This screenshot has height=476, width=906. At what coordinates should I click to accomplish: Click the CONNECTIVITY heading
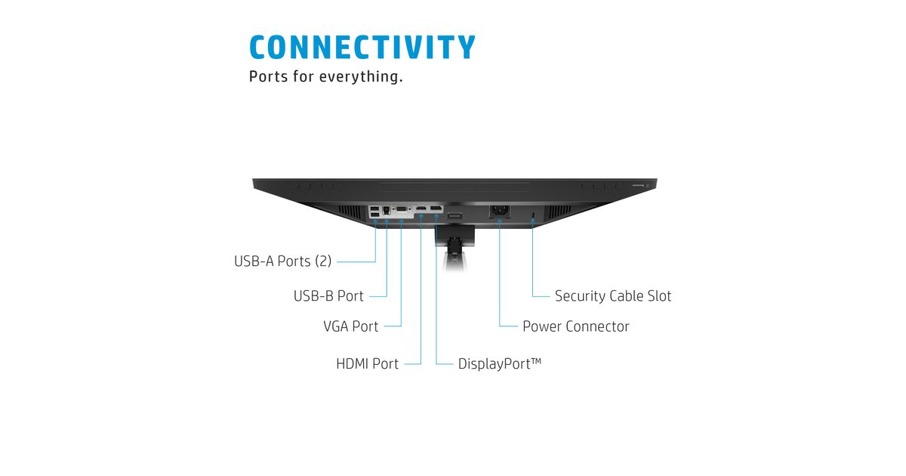362,47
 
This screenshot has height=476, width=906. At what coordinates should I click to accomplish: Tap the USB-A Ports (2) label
282,261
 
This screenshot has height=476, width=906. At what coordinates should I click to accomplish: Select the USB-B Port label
328,296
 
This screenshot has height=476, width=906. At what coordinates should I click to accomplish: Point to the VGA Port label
351,326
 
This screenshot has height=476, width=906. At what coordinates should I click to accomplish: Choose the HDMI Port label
367,364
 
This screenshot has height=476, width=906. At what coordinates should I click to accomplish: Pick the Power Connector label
575,326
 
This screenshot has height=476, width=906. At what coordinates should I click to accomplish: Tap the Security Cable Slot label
612,296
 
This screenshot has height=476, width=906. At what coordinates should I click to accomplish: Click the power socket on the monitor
499,212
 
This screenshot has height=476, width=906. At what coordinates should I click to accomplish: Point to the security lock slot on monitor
533,218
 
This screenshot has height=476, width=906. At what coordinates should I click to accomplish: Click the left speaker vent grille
349,209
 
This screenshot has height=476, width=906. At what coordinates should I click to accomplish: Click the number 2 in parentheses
323,261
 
